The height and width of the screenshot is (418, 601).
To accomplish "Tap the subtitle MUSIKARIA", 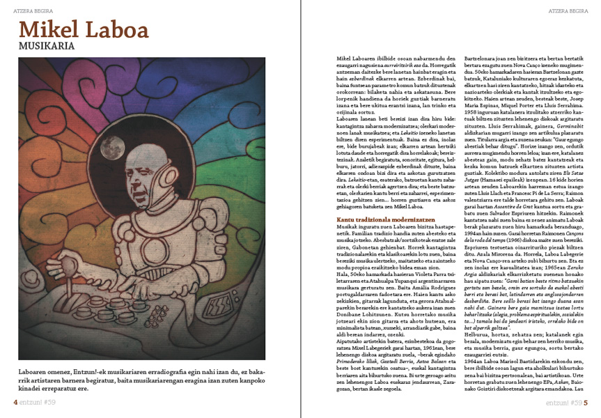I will point(47,47).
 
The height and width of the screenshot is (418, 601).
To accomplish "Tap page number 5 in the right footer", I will point(586,403).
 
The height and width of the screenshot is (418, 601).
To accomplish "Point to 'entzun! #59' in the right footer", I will point(563,403).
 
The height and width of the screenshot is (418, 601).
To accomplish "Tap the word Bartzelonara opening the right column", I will point(479,52).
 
